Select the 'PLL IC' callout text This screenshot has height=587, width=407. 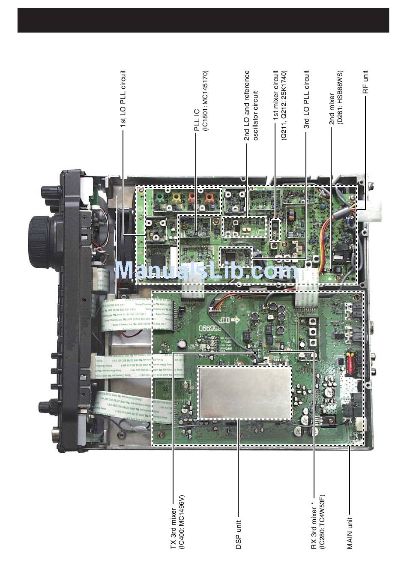pos(197,120)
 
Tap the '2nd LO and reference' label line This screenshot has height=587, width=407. pos(247,105)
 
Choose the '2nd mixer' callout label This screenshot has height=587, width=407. pos(332,109)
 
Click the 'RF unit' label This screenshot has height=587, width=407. pos(365,82)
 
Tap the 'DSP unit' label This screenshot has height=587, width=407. pos(239,534)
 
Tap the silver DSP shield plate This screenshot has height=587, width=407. pos(245,392)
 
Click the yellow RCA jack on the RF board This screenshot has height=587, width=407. pos(175,198)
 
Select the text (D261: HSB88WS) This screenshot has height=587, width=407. pos(340,98)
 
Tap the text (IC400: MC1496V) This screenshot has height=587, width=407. pos(181,522)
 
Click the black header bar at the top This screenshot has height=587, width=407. pos(203,20)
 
